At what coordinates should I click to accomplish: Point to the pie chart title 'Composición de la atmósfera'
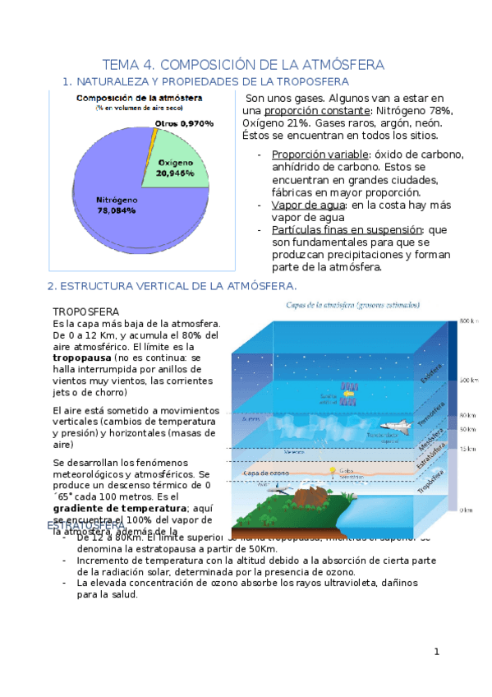point(139,98)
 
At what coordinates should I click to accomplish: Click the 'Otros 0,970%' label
point(184,123)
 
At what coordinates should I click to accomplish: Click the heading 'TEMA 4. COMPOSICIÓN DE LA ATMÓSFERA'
point(243,65)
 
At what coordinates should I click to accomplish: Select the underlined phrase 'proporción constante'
point(311,111)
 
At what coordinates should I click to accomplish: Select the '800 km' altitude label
point(469,321)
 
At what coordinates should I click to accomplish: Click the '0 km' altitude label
point(466,510)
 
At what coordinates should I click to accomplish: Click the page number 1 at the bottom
point(438,653)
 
